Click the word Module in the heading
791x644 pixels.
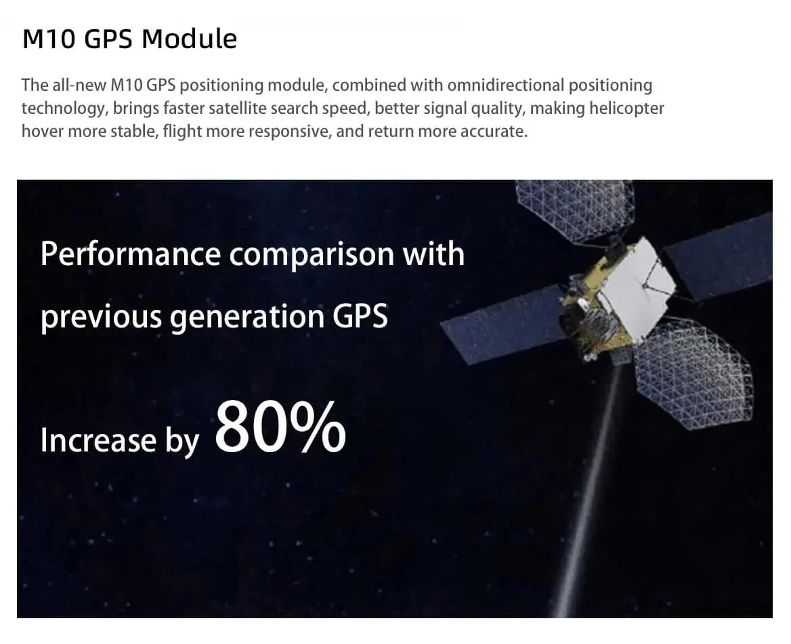[189, 39]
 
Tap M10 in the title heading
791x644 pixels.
[49, 39]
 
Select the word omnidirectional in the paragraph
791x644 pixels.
[505, 85]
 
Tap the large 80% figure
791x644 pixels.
[280, 428]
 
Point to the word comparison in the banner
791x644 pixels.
[312, 255]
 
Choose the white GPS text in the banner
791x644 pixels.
[360, 316]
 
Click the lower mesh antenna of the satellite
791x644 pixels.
[693, 374]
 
